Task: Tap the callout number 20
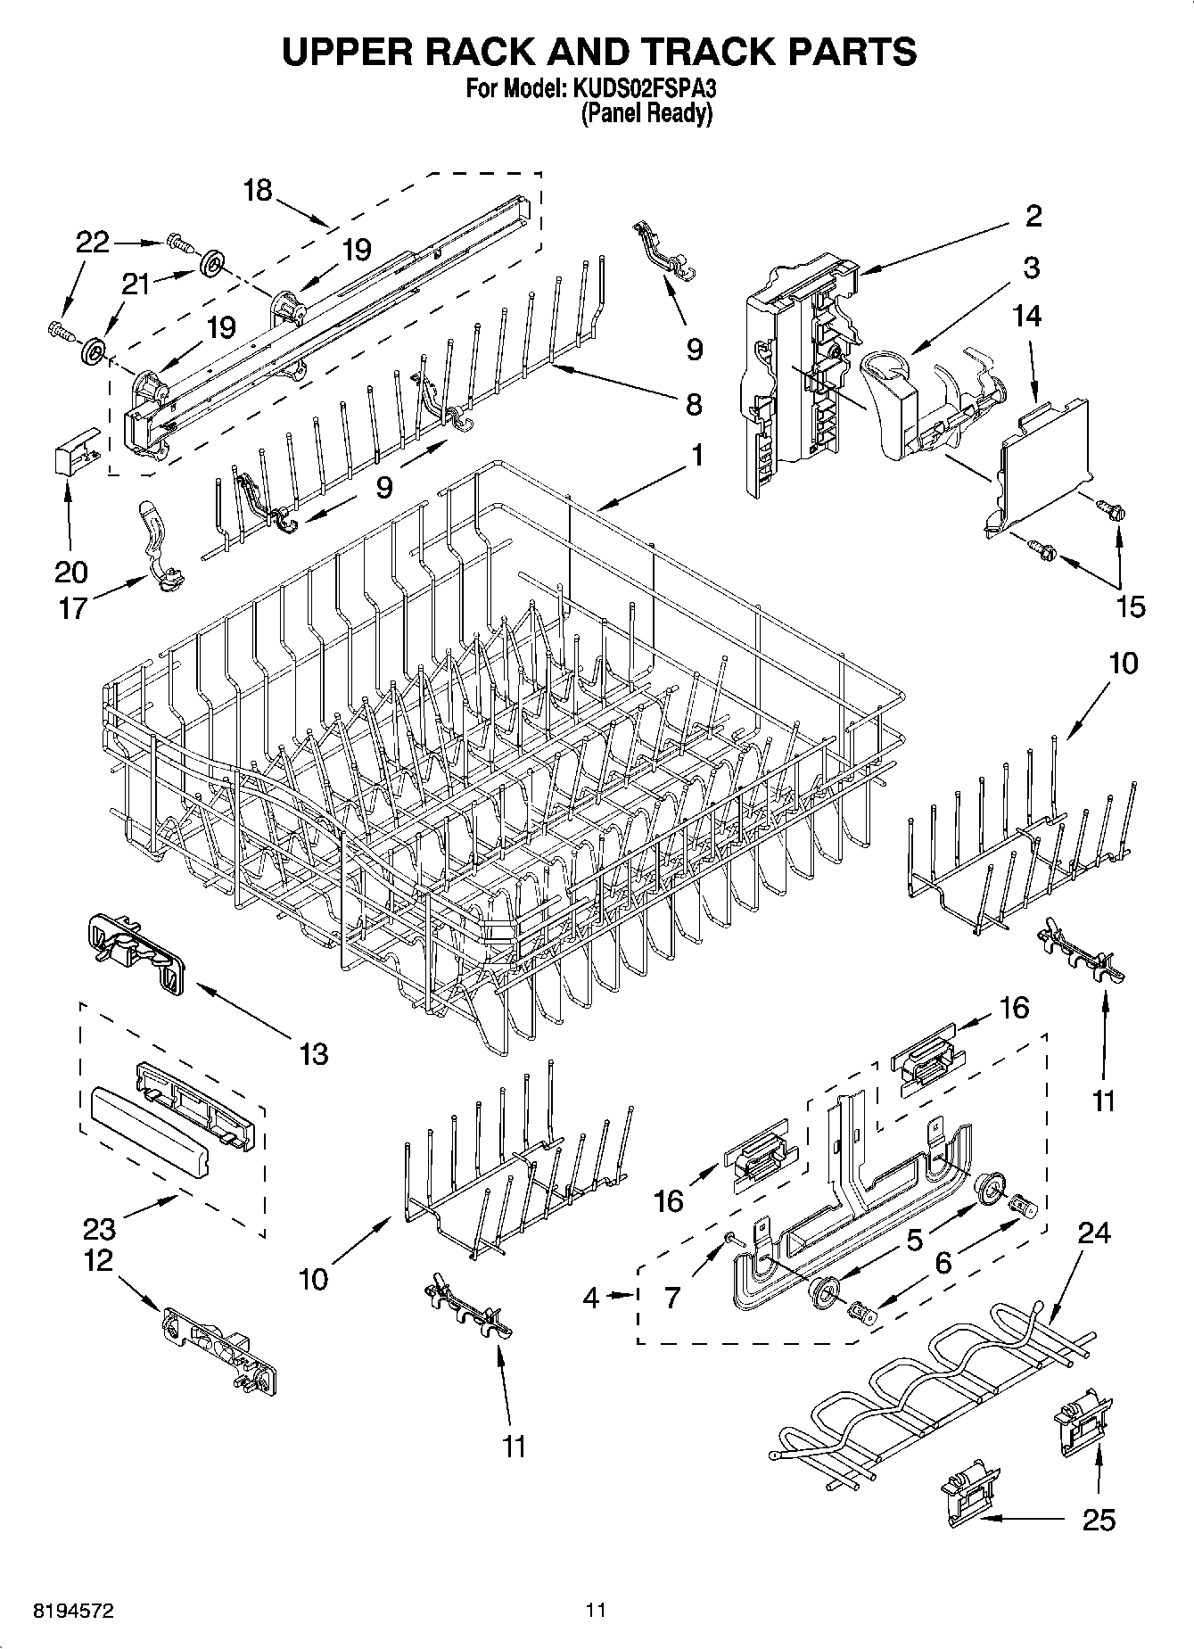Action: [71, 572]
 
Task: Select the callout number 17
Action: [72, 608]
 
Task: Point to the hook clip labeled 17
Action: [159, 547]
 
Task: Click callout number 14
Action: [1027, 316]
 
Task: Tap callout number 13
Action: [315, 1053]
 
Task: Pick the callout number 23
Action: [99, 1229]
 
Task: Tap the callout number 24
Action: [1093, 1233]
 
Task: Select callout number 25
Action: [1099, 1520]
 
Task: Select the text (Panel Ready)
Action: [646, 114]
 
